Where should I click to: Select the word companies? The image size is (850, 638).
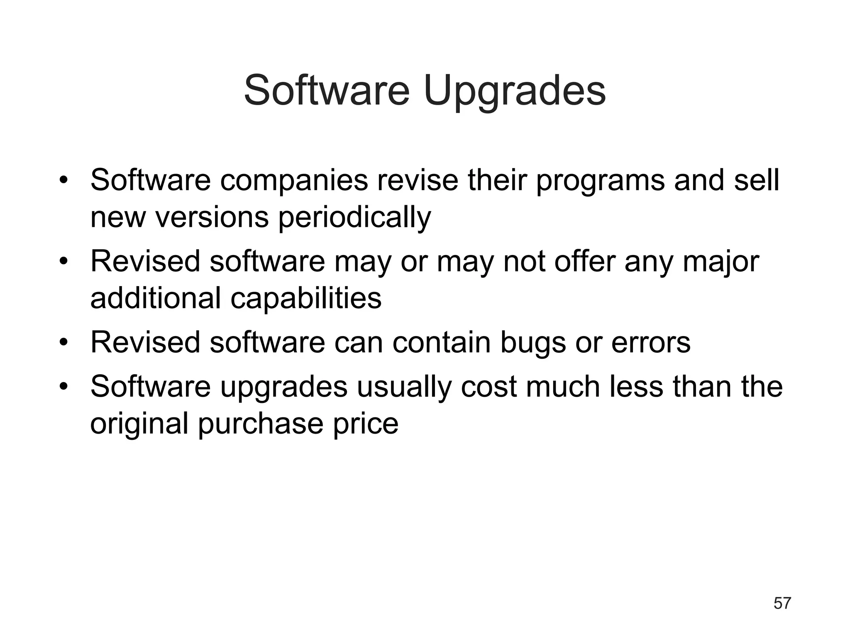pyautogui.click(x=294, y=181)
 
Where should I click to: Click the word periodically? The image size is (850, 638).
pyautogui.click(x=354, y=218)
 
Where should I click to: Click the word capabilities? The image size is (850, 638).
pyautogui.click(x=306, y=299)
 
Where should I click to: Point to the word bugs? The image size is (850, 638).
pyautogui.click(x=533, y=343)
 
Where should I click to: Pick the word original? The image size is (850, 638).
pyautogui.click(x=139, y=424)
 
